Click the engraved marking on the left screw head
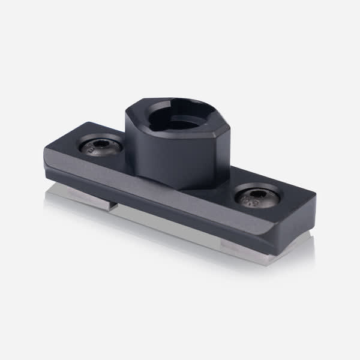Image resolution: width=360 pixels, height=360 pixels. (92, 151)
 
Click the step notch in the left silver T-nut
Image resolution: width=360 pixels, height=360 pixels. (112, 205)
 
